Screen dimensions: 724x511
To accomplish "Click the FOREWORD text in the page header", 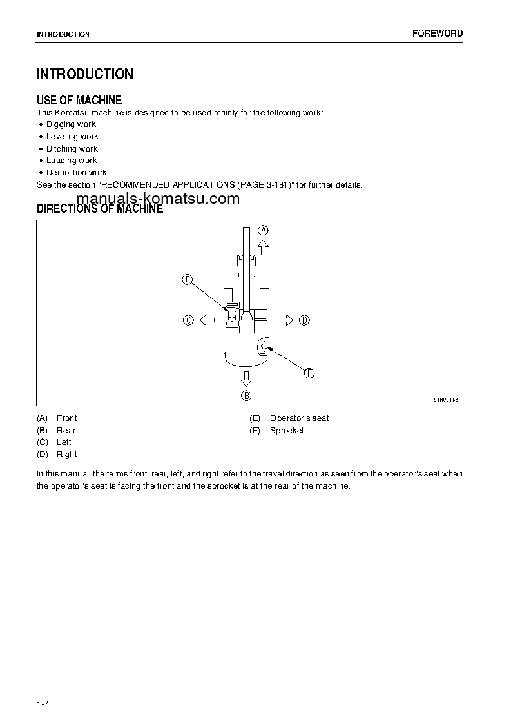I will tap(438, 34).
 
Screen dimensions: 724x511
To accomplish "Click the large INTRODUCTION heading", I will tap(85, 74).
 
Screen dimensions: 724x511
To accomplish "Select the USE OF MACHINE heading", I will tap(79, 100).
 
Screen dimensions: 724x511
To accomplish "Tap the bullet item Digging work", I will tap(71, 124).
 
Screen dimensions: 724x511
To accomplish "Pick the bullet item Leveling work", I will tap(72, 137).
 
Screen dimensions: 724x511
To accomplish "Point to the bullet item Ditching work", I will tap(72, 149).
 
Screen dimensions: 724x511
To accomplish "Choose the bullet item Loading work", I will tap(72, 161).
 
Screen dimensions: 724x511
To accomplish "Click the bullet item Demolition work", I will tap(77, 173).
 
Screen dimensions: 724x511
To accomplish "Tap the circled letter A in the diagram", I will tap(264, 230).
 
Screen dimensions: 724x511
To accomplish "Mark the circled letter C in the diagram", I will tap(188, 320).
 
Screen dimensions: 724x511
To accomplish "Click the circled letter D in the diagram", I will tap(304, 320).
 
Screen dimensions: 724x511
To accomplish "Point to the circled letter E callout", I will tap(187, 279).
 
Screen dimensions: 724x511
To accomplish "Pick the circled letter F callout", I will tap(309, 373).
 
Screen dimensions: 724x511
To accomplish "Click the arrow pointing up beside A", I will tap(263, 248).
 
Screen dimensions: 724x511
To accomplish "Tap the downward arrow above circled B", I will tap(246, 378).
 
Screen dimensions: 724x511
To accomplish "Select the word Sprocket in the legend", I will tap(287, 431).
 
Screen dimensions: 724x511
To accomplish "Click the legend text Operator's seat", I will tap(299, 418).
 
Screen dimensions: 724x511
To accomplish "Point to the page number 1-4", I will tap(43, 703).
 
